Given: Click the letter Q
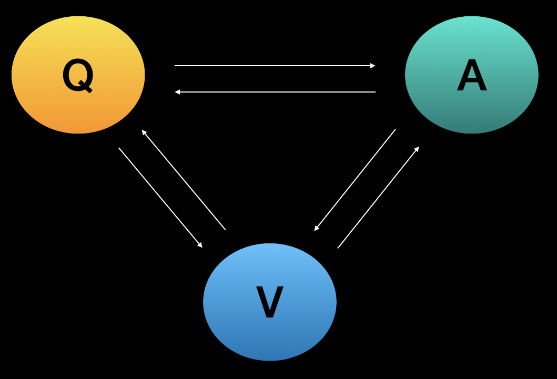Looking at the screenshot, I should point(78,76).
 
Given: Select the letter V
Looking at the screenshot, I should point(270,302).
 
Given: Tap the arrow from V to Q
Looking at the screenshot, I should point(184,180).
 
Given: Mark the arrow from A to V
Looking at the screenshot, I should point(356,179).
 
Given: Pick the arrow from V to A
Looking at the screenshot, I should point(378,198).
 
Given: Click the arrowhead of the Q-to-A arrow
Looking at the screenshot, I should point(373,66).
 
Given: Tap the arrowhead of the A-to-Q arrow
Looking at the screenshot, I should point(177,92).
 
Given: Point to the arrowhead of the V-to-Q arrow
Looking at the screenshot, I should point(144,132).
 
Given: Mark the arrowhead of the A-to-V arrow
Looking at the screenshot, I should point(316,229).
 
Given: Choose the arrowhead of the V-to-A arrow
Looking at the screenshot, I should point(417,149).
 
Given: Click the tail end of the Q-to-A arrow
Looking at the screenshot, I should point(176,66).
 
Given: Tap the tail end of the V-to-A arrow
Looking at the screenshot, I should point(338,248).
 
